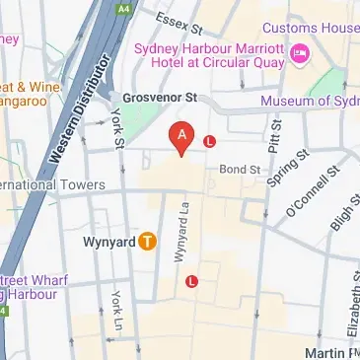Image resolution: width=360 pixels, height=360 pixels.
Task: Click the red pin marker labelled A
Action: pyautogui.click(x=180, y=137)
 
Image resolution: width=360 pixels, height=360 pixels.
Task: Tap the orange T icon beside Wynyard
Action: pyautogui.click(x=147, y=240)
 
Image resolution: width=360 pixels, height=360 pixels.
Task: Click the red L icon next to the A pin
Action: pyautogui.click(x=209, y=142)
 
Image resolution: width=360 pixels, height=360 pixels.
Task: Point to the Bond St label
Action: pyautogui.click(x=240, y=169)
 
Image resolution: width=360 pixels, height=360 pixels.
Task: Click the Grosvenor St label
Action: pyautogui.click(x=161, y=98)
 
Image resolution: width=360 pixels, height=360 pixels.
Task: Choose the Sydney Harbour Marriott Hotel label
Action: pyautogui.click(x=207, y=51)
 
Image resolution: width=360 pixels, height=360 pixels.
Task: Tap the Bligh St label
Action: pyautogui.click(x=339, y=212)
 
